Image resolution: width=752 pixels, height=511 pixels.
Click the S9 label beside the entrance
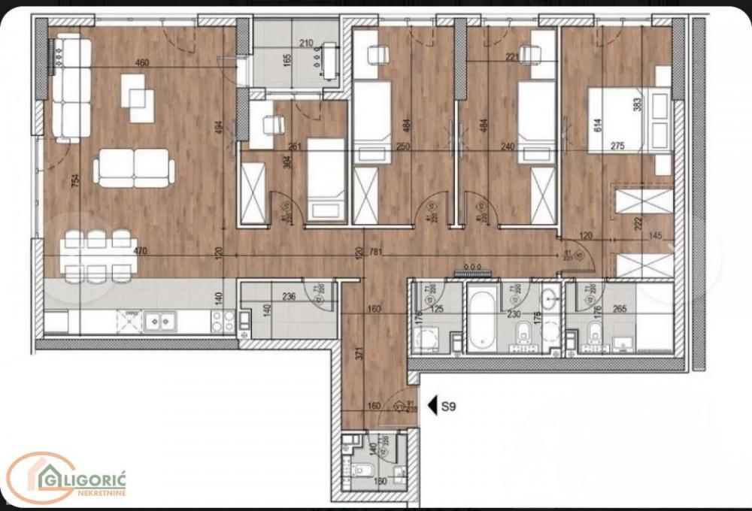coord(449,407)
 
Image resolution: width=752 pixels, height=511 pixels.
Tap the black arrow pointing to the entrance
coord(432,407)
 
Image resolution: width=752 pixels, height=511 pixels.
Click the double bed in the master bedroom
coord(628,120)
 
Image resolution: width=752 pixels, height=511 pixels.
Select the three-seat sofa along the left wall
coord(71,87)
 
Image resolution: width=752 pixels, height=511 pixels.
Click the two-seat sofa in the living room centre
coord(134,167)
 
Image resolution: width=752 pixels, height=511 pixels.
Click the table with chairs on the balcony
coord(329,61)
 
